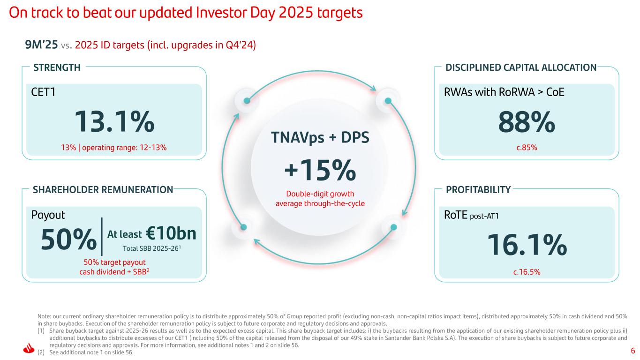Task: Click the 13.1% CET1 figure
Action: pos(115,121)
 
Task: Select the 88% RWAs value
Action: pos(526,121)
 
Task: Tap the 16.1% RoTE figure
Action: pos(527,245)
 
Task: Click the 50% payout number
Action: pos(68,240)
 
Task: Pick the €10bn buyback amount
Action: pos(171,233)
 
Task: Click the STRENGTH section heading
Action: pos(57,67)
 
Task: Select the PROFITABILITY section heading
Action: pos(478,190)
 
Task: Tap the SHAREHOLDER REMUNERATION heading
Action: pos(103,190)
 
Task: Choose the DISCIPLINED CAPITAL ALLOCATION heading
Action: pos(521,67)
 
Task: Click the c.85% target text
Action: pos(527,148)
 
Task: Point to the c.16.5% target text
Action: pos(527,270)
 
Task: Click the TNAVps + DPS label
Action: pos(320,137)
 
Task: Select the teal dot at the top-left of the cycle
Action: pos(247,100)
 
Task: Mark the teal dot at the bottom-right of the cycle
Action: pos(393,227)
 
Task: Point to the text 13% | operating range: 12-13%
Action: pos(115,148)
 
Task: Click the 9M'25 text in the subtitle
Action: pos(41,45)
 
